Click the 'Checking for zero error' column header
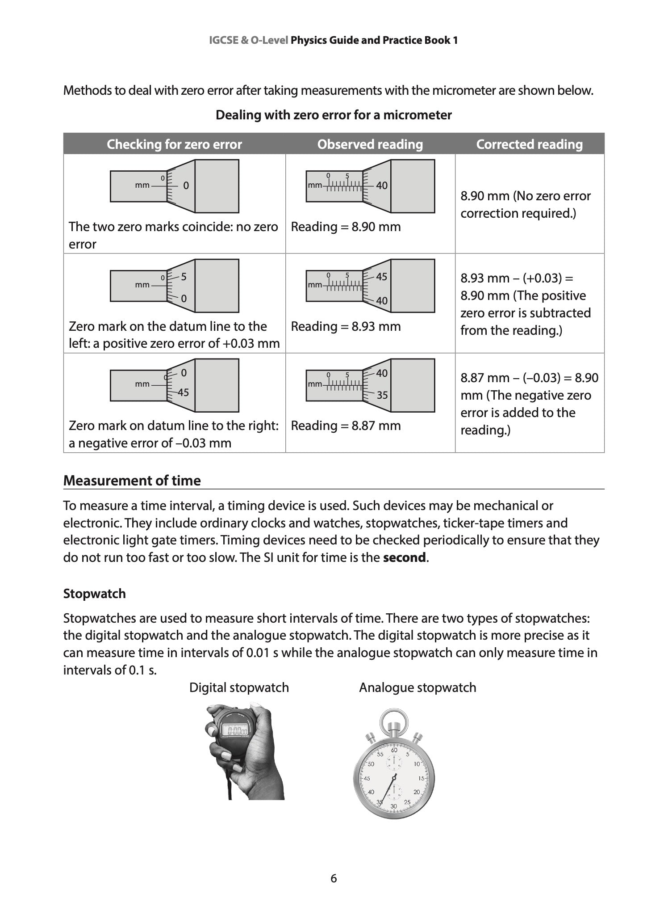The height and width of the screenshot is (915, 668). click(174, 144)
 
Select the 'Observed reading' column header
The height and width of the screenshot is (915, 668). click(370, 144)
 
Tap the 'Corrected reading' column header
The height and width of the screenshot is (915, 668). click(529, 144)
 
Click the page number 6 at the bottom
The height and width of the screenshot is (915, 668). click(334, 878)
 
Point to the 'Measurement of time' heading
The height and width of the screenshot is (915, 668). click(132, 481)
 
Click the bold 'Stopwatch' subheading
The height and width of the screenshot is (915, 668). click(94, 594)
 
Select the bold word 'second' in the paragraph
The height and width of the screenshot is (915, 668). click(404, 558)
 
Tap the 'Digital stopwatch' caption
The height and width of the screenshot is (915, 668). click(239, 687)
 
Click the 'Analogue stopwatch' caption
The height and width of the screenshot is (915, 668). click(417, 687)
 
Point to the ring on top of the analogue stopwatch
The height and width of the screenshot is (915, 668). click(393, 718)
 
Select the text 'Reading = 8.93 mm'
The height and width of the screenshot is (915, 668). click(346, 326)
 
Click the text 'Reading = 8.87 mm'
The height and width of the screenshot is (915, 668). click(346, 426)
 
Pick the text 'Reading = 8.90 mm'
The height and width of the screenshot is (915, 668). click(346, 227)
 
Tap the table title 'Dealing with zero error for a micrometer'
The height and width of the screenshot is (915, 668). click(334, 115)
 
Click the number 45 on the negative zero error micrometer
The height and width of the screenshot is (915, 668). click(183, 392)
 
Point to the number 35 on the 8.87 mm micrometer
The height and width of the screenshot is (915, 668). click(382, 395)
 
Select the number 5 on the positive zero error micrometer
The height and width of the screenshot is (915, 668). click(184, 277)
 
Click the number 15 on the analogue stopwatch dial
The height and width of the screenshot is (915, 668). click(421, 778)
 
